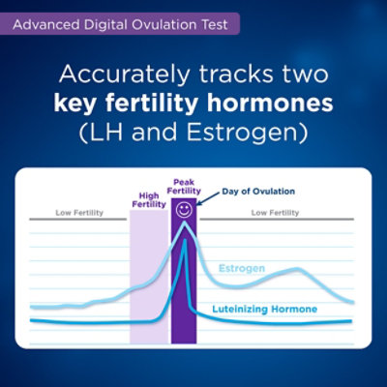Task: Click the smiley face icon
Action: pyautogui.click(x=184, y=210)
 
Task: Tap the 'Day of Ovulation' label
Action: pyautogui.click(x=258, y=192)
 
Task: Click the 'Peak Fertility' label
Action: pyautogui.click(x=184, y=187)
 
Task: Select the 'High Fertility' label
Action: pyautogui.click(x=149, y=200)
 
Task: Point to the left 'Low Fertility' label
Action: pyautogui.click(x=79, y=213)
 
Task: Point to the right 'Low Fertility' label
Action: pyautogui.click(x=275, y=213)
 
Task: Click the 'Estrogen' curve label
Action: pyautogui.click(x=242, y=268)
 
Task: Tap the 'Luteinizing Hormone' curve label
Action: pyautogui.click(x=265, y=309)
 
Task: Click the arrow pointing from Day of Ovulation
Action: pyautogui.click(x=208, y=199)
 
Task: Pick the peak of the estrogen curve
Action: pyautogui.click(x=185, y=223)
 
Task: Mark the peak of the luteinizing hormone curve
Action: pyautogui.click(x=185, y=240)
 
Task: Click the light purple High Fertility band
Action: pyautogui.click(x=150, y=277)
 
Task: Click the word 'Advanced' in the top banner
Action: pyautogui.click(x=46, y=25)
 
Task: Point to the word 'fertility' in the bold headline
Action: pyautogui.click(x=152, y=104)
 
